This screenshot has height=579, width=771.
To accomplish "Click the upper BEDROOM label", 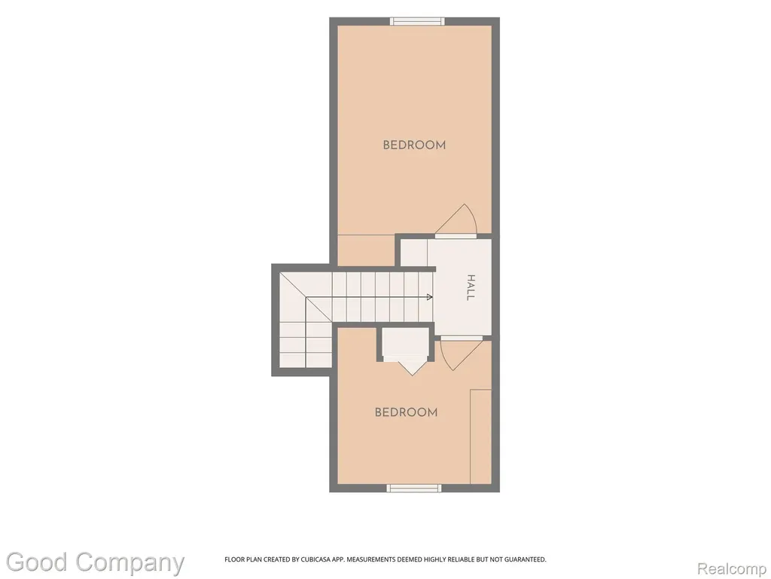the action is click(x=414, y=145).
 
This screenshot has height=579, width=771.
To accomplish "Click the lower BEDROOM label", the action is click(x=406, y=412).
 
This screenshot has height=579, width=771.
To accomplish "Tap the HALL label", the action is click(x=471, y=287).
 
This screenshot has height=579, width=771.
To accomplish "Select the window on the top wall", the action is click(x=417, y=21).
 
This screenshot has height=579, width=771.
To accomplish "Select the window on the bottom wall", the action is click(x=414, y=488).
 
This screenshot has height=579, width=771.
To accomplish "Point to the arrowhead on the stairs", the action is click(x=430, y=297).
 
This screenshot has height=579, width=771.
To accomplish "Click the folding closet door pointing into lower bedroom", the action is click(x=412, y=366).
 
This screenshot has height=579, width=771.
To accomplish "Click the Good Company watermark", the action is click(x=96, y=562).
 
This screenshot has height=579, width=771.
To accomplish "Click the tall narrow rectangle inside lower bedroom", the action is click(x=481, y=437).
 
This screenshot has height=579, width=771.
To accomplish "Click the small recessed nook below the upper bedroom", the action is click(x=367, y=250).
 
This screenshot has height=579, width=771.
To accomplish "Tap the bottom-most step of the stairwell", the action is click(x=293, y=360).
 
